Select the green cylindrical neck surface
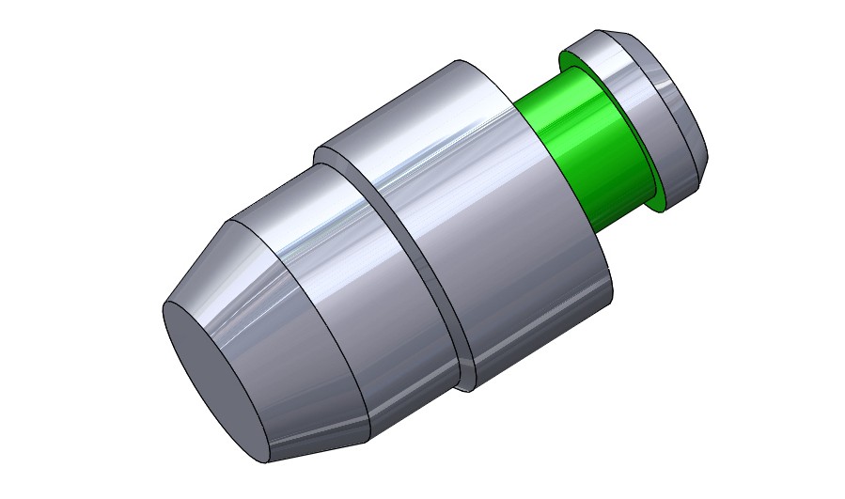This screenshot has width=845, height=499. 602,160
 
